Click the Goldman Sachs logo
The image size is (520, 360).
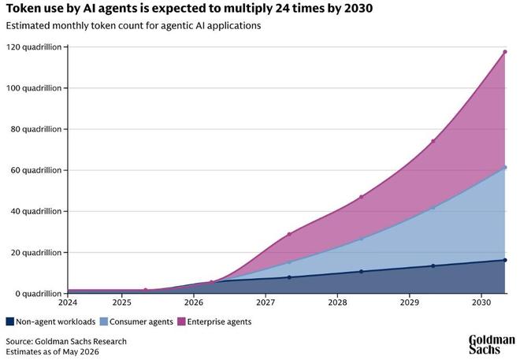[492, 345]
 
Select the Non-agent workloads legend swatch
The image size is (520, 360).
[10, 321]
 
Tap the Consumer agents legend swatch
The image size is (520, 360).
[104, 321]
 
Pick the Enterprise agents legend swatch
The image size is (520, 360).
[181, 321]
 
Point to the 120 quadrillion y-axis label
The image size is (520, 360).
[34, 47]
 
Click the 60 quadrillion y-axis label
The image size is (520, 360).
[36, 170]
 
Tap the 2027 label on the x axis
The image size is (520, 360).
[266, 302]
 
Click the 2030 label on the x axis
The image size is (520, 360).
[481, 302]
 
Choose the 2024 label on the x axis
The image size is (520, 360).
[68, 302]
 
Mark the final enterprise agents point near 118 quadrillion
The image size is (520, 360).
[505, 52]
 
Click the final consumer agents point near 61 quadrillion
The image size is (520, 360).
[505, 168]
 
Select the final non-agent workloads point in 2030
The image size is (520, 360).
[505, 260]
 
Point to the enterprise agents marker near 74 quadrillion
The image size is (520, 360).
[433, 141]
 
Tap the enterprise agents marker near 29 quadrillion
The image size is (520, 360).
[289, 234]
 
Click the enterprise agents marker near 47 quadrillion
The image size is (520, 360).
[361, 197]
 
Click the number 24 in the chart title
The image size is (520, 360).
[281, 9]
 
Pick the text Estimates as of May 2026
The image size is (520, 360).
[53, 351]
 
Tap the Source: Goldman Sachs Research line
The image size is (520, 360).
[66, 341]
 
